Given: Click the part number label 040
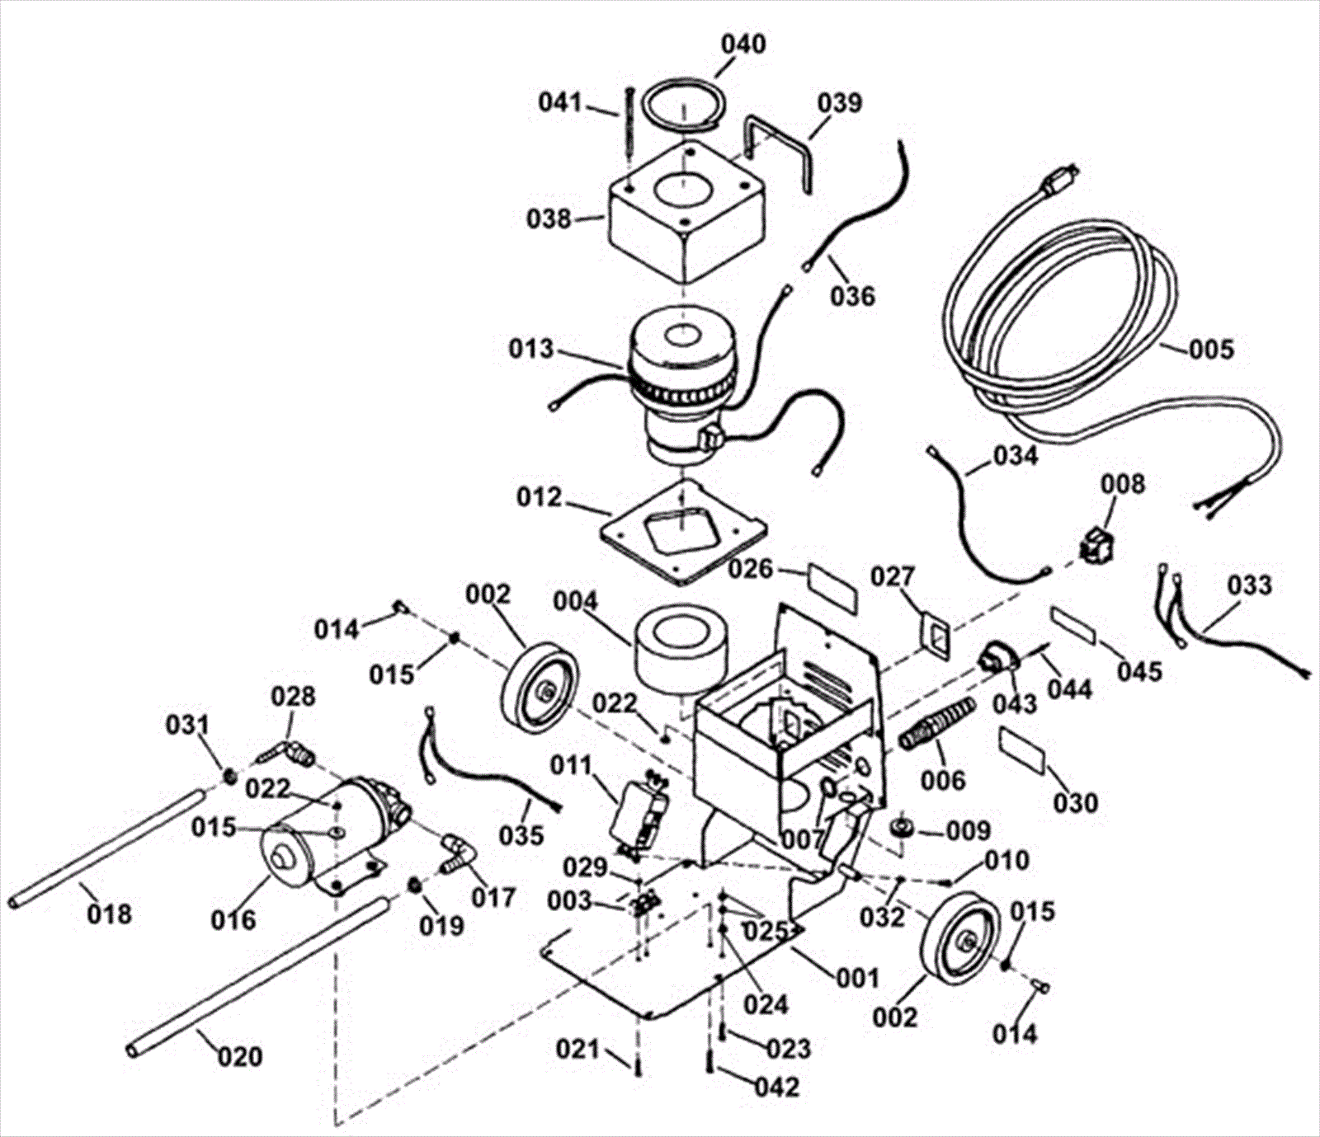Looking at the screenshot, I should [743, 44].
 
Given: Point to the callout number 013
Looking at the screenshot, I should [530, 349].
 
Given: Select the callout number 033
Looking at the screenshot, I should [1249, 585].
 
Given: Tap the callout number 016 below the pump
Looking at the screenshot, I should [233, 919].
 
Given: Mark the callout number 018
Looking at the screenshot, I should [109, 914].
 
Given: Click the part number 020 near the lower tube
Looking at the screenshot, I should [239, 1056].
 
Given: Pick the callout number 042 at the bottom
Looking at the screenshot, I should [777, 1087].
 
